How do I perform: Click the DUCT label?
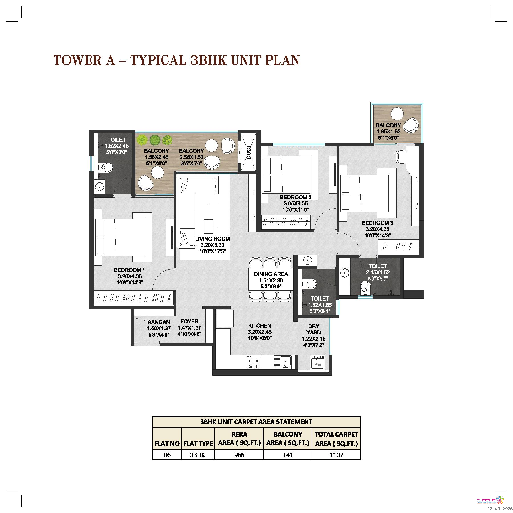coord(249,152)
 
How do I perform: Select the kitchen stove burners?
coord(253,362)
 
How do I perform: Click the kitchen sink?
coord(282,362)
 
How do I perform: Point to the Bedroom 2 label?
coord(296,197)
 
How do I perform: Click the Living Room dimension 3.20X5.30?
coord(212,245)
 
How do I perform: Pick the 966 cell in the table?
coord(239,455)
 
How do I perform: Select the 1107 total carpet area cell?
coord(336,455)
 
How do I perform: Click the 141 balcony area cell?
coord(288,455)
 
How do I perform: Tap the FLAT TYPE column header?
coord(198,444)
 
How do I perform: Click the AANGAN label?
coord(159,322)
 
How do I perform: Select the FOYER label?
coord(189,322)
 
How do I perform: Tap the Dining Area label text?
coord(271,274)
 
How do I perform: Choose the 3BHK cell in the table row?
coord(198,455)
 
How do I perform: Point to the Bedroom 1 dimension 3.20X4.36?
coord(130,276)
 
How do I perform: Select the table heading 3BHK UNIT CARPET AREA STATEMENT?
coord(256,422)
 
